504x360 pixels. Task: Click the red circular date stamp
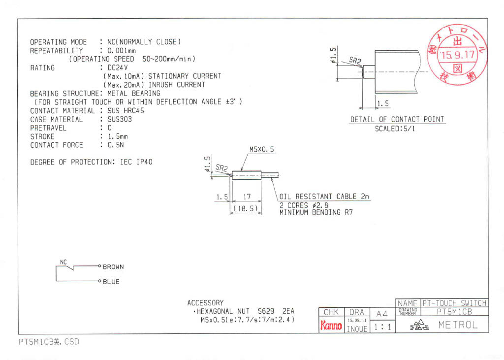point(458,54)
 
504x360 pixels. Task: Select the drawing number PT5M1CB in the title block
point(454,312)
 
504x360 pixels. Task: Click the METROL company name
point(458,325)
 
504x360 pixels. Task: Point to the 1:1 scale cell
point(382,327)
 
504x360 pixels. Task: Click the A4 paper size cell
point(382,314)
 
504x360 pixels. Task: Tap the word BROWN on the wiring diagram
point(113,267)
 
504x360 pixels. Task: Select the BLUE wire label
point(111,282)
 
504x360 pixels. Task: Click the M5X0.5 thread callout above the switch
point(261,149)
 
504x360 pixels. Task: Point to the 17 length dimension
point(247,196)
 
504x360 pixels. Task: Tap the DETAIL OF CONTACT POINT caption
point(397,119)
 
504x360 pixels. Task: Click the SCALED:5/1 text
point(395,129)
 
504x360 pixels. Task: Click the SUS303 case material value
point(120,119)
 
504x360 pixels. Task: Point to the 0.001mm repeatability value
point(118,51)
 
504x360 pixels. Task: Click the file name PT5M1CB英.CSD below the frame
point(49,341)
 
